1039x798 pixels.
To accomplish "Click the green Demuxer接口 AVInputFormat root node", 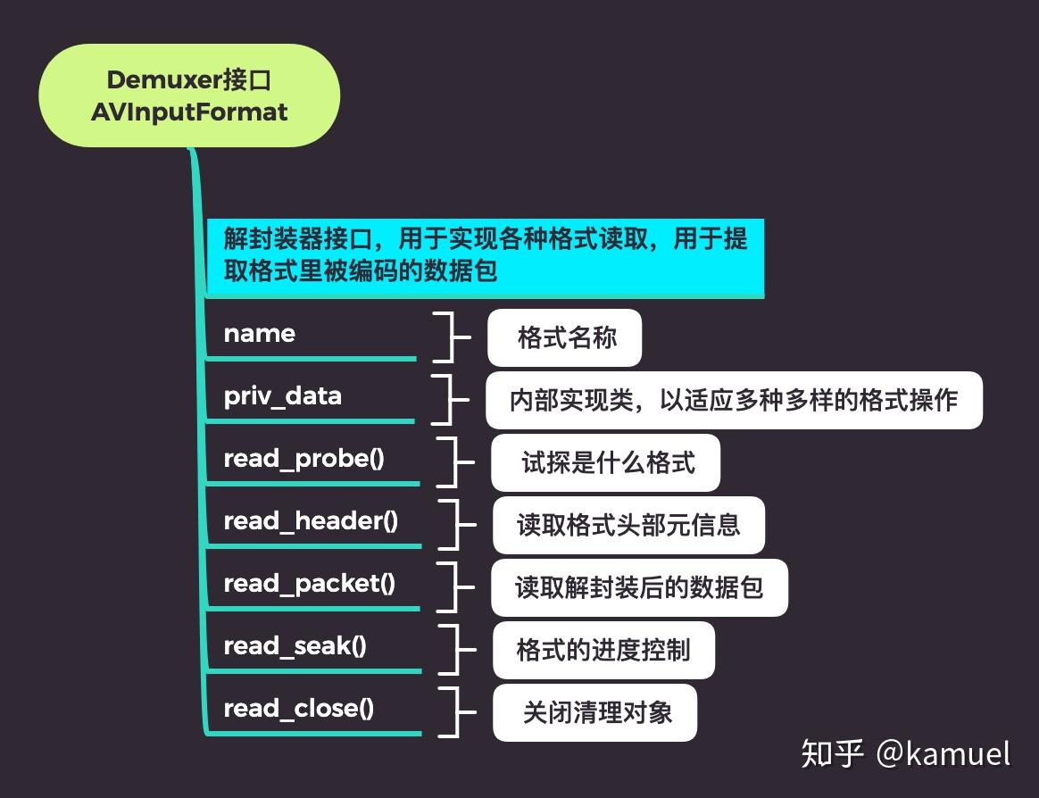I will [x=189, y=96].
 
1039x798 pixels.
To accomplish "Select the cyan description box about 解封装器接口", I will [x=485, y=254].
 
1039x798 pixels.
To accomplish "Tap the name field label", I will [x=259, y=334].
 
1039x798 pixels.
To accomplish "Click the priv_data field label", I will [x=282, y=396].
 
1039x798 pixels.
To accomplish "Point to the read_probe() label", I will [x=303, y=459].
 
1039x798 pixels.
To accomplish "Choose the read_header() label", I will [x=311, y=521].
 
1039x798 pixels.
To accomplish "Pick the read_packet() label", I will [x=309, y=584].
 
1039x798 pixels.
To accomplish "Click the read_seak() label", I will [x=295, y=646].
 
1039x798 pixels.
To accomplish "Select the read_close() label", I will [x=298, y=709].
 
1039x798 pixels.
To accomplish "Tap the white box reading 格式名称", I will [x=565, y=338].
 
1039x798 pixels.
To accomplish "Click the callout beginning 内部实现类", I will [x=734, y=401].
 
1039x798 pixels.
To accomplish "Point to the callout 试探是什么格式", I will [x=606, y=463].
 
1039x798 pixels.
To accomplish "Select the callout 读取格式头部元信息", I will [x=629, y=525].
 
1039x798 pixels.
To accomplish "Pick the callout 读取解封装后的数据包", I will [x=639, y=587].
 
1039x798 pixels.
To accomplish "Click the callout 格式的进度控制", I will [x=604, y=650].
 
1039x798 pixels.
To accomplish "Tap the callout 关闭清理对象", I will [x=595, y=712].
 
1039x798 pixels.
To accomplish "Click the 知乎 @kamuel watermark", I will [x=905, y=754].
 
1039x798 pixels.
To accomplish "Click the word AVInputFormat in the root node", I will [x=189, y=112].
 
